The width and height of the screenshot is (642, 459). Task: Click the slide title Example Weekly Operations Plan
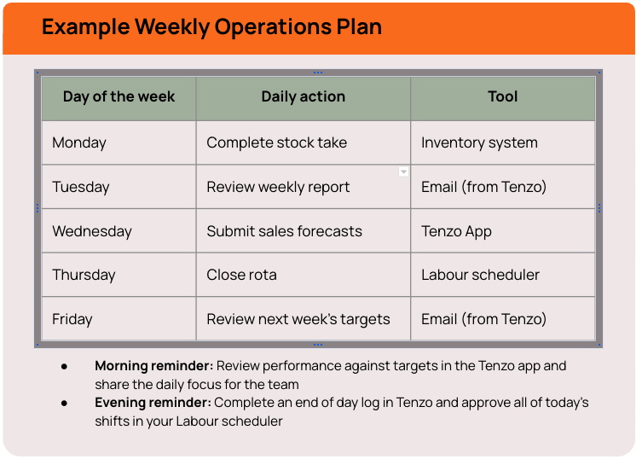pos(211,26)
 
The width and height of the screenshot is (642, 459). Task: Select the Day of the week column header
pos(119,97)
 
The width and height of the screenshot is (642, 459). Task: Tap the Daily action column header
pos(303,97)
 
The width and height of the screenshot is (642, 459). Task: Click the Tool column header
pos(502,97)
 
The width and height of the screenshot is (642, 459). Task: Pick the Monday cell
pos(79,142)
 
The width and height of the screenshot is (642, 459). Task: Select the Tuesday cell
pos(81,187)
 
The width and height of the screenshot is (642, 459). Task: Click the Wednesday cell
pos(92,231)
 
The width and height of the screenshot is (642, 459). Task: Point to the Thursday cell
pos(84,275)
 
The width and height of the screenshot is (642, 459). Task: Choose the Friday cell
pos(72,319)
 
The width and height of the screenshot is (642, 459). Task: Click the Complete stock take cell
pos(276,142)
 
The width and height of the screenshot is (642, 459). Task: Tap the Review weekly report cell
pos(278,187)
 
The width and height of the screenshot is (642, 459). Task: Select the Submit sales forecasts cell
pos(284,231)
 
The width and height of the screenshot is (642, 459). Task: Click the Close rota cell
pos(241,275)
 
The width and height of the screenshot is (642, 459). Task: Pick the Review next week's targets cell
pos(298,319)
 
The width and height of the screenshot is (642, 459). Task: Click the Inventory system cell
pos(479,142)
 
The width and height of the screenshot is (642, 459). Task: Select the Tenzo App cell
pos(456,231)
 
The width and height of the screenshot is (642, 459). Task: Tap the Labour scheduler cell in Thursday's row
pos(480,275)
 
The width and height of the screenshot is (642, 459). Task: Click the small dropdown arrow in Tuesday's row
pos(403,172)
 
